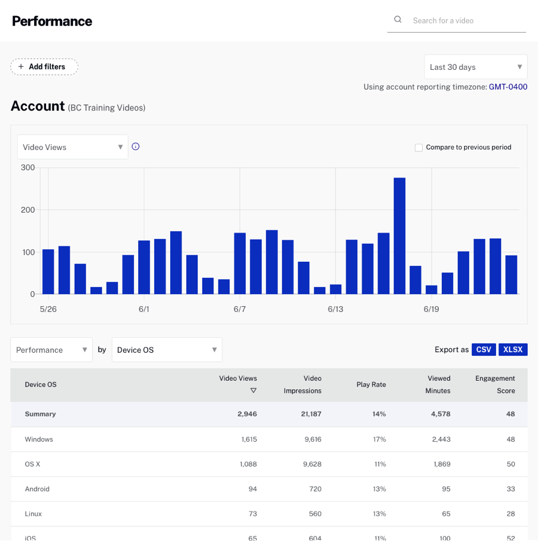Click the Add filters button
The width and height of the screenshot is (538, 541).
[44, 67]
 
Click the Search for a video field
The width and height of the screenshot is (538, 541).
[466, 20]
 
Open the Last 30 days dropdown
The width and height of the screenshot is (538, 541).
[475, 67]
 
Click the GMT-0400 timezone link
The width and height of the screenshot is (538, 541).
[508, 87]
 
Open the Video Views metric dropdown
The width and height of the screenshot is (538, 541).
[72, 147]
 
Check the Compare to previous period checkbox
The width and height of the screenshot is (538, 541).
[418, 147]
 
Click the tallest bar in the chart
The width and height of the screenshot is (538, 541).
[399, 236]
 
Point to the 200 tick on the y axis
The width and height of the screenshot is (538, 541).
[27, 210]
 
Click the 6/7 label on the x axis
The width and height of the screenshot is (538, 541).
[240, 309]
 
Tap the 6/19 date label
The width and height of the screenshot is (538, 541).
[431, 309]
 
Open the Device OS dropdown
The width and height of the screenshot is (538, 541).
[167, 350]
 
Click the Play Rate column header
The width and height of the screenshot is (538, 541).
[371, 384]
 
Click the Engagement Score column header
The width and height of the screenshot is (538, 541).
[495, 384]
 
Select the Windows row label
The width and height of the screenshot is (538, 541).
[39, 439]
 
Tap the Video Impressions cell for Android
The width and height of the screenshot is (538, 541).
[314, 489]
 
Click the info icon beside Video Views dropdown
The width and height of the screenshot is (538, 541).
[136, 146]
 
